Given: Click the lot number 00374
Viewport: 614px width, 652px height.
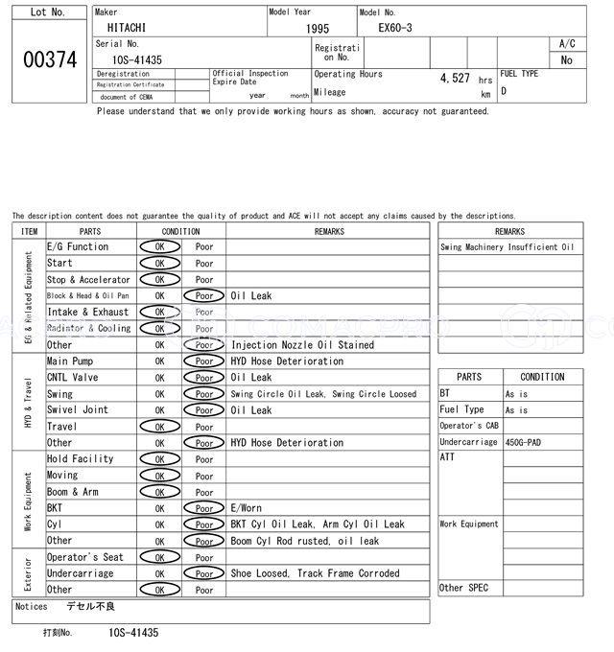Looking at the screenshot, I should pyautogui.click(x=49, y=59).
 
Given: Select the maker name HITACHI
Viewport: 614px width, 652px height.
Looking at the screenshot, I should pyautogui.click(x=127, y=29).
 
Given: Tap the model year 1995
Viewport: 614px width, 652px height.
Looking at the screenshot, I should pyautogui.click(x=318, y=30).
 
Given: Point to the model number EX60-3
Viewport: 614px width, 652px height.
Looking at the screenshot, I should pyautogui.click(x=395, y=29).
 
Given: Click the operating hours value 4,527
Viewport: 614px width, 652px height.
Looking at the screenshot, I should pyautogui.click(x=454, y=79).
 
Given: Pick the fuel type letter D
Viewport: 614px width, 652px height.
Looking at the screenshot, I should pyautogui.click(x=504, y=92).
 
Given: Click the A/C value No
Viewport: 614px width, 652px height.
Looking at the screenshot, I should pyautogui.click(x=566, y=60).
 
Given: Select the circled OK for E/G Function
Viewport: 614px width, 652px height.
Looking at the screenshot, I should pyautogui.click(x=159, y=247).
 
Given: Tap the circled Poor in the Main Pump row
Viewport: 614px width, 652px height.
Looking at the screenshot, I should pyautogui.click(x=203, y=361).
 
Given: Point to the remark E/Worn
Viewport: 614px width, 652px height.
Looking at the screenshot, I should pyautogui.click(x=246, y=508).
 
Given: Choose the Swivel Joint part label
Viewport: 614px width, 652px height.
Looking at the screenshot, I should pyautogui.click(x=78, y=410).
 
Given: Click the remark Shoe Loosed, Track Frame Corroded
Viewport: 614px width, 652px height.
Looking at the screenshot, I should pyautogui.click(x=315, y=573).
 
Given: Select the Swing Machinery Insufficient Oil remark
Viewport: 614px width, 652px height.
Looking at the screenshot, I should pyautogui.click(x=508, y=247).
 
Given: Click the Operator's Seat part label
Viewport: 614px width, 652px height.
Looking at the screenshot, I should pyautogui.click(x=85, y=557).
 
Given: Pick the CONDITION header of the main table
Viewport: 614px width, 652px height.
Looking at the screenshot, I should pyautogui.click(x=180, y=231).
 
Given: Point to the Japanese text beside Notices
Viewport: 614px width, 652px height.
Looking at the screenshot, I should pyautogui.click(x=90, y=607).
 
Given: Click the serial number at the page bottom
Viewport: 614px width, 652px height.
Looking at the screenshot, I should pyautogui.click(x=133, y=634).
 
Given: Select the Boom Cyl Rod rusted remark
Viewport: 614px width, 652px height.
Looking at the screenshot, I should pyautogui.click(x=304, y=541).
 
